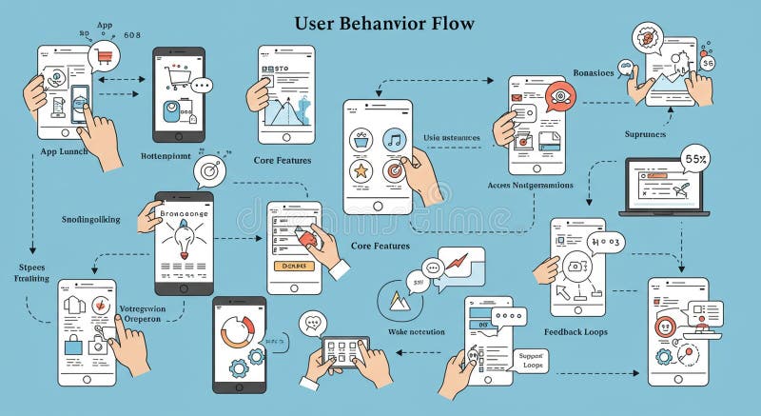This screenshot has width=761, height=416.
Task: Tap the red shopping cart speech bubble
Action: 104,58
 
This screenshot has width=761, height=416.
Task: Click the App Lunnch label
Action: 65,151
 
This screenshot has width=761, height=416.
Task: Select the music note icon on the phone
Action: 393,139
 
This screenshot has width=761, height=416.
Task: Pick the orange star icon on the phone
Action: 361,171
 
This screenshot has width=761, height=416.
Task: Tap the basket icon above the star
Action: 361,139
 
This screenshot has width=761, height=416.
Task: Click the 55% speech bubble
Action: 695,156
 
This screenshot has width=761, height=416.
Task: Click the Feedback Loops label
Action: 576,332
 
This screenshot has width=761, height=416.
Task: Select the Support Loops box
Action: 532,360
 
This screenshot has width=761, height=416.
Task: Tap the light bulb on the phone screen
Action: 183,243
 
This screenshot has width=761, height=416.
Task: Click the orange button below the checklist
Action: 293,267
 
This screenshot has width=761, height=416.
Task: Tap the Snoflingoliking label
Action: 91,219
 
